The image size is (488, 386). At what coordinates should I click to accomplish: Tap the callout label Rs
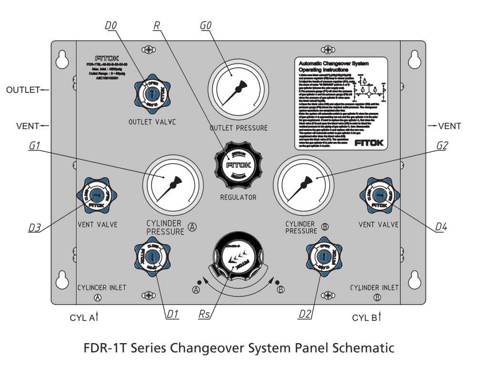click(x=205, y=314)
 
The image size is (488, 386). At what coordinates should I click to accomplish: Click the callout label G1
click(x=34, y=146)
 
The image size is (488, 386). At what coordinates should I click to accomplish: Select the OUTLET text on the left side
click(x=22, y=90)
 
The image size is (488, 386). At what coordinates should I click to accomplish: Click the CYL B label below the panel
click(x=365, y=317)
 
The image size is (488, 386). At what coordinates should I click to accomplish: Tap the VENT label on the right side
click(x=449, y=126)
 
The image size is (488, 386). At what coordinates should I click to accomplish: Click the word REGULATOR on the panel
click(x=238, y=197)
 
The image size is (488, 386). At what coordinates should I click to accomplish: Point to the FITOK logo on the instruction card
click(x=369, y=142)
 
